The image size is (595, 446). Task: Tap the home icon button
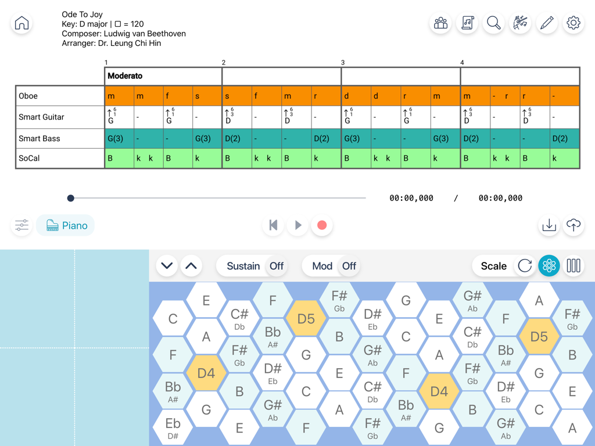(x=21, y=23)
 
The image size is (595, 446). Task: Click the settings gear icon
(x=573, y=23)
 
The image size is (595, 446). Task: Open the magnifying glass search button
(x=493, y=23)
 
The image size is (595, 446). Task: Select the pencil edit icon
(x=546, y=23)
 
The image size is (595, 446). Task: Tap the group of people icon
(x=440, y=23)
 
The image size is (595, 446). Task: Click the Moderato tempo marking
(x=125, y=76)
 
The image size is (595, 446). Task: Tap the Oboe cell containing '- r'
(x=504, y=96)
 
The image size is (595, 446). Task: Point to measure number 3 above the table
(x=343, y=62)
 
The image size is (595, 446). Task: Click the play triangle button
(x=298, y=225)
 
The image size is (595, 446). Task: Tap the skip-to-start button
(x=273, y=225)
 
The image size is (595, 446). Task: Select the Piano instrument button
(x=66, y=225)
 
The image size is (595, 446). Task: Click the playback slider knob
(x=71, y=198)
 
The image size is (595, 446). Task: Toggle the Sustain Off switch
(x=277, y=266)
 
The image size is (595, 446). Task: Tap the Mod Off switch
(x=349, y=266)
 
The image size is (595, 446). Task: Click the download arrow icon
(x=549, y=225)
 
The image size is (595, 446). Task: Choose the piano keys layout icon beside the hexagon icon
(x=573, y=266)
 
